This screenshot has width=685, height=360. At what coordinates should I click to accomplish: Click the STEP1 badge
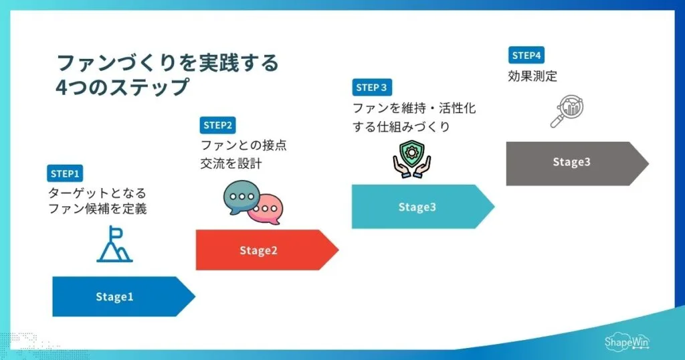pos(65,174)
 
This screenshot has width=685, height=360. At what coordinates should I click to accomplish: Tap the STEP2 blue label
pos(218,125)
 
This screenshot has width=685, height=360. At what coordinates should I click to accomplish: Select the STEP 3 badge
pos(371,87)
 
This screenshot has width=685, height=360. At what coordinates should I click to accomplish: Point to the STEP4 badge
pos(525,55)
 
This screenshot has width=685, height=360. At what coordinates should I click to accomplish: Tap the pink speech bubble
pos(268,209)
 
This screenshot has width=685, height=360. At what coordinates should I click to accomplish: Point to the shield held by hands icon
pos(411,158)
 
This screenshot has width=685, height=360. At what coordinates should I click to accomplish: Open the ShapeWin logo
pos(626,341)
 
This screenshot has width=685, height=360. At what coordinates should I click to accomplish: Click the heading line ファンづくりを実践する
pos(167,64)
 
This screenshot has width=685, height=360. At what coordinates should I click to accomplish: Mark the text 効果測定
pos(532,76)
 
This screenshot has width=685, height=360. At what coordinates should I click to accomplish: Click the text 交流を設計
pos(231,163)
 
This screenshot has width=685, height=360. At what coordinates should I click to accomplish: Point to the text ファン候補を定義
pos(97,208)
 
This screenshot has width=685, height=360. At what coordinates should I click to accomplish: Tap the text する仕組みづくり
pos(401,126)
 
